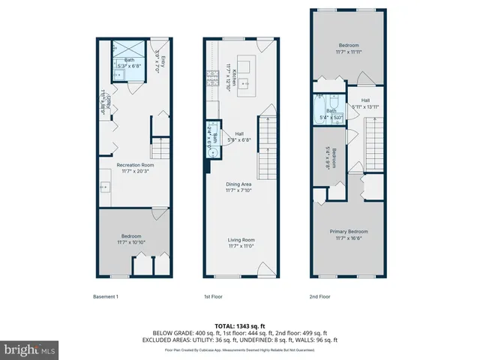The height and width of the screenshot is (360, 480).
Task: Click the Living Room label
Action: [241, 241]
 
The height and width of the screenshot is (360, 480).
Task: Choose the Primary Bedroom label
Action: [348, 232]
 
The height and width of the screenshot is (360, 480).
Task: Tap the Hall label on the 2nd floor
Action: [364, 100]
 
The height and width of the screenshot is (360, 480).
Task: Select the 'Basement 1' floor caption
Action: [106, 296]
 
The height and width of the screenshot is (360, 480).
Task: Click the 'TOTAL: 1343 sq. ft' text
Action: [240, 325]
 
